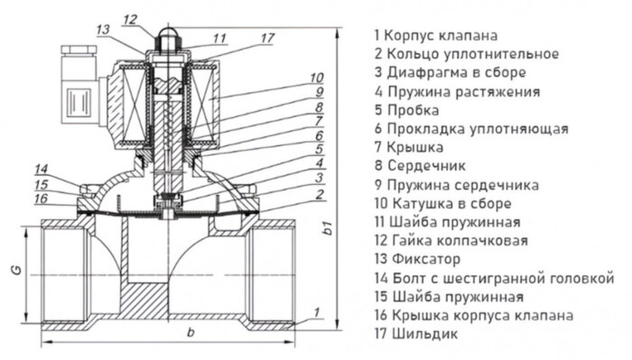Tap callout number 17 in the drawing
(266, 38)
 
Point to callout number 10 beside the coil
(316, 77)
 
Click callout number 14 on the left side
(42, 169)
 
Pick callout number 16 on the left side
(42, 198)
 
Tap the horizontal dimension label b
(190, 336)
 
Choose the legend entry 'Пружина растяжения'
(462, 91)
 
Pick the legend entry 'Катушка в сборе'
(452, 203)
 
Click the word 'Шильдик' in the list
(423, 334)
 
